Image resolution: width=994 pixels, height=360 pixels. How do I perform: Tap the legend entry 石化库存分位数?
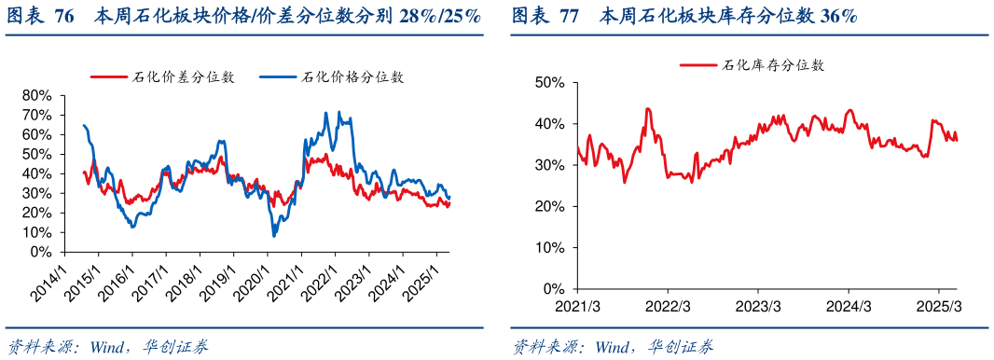coord(773,65)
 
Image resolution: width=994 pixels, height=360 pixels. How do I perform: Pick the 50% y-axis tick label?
coord(550,82)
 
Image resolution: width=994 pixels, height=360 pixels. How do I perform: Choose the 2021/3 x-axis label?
coord(577,307)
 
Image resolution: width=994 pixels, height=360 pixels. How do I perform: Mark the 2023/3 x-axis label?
coord(759,307)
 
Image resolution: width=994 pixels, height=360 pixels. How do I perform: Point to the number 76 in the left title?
coord(64,17)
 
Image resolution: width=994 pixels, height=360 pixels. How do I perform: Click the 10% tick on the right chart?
coord(550,247)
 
